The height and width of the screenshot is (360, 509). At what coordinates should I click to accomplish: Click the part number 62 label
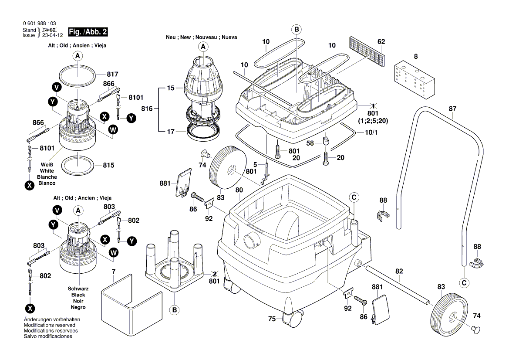381,42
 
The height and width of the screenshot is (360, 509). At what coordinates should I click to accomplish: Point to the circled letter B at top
297,30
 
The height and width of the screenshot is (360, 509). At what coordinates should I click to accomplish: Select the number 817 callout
112,74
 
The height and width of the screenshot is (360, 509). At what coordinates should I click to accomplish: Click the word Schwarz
78,289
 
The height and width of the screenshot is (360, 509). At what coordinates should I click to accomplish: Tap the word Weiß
47,164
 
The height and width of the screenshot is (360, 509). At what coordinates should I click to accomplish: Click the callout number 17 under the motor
170,131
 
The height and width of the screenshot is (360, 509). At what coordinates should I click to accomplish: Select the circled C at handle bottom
465,283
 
